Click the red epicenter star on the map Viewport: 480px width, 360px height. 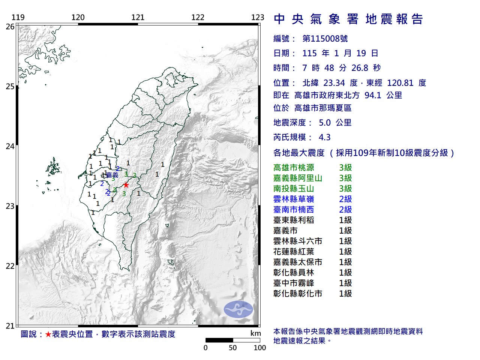pyautogui.click(x=126, y=185)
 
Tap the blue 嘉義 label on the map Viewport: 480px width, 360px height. pyautogui.click(x=112, y=175)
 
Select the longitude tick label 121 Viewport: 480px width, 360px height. pyautogui.click(x=138, y=17)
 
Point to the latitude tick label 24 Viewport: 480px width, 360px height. pyautogui.click(x=10, y=146)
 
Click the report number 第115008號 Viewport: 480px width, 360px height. pyautogui.click(x=325, y=39)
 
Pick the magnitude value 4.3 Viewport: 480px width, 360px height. pyautogui.click(x=325, y=137)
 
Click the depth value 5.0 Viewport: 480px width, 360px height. pyautogui.click(x=325, y=123)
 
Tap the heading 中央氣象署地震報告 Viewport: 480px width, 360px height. pyautogui.click(x=348, y=19)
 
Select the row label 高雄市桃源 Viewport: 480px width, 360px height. pyautogui.click(x=294, y=168)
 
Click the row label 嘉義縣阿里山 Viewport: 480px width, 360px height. pyautogui.click(x=298, y=178)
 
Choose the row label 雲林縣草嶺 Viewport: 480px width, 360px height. pyautogui.click(x=294, y=199)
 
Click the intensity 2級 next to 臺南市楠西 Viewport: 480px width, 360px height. pyautogui.click(x=345, y=210)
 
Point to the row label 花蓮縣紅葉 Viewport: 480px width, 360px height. pyautogui.click(x=294, y=252)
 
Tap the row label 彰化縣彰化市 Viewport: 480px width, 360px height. pyautogui.click(x=298, y=294)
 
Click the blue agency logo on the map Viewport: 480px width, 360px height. pyautogui.click(x=238, y=309)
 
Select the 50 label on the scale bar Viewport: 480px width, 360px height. pyautogui.click(x=233, y=348)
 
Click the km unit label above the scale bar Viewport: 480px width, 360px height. pyautogui.click(x=255, y=333)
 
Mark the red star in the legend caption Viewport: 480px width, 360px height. pyautogui.click(x=48, y=334)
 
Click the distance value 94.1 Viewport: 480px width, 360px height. pyautogui.click(x=373, y=95)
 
